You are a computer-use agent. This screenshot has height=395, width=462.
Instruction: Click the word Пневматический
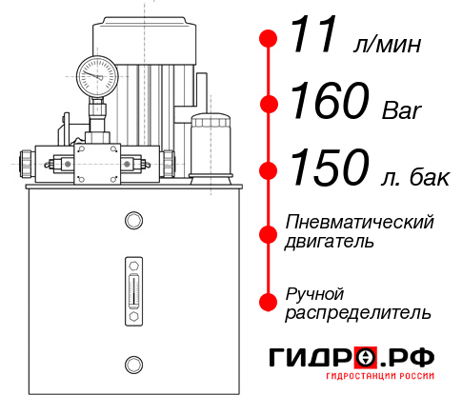click(360, 222)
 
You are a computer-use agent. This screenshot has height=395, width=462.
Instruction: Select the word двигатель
click(330, 242)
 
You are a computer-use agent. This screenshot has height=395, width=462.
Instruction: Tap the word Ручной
click(314, 292)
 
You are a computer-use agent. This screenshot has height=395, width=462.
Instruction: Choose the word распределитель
click(358, 312)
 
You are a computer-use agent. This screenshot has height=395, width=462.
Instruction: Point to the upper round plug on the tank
click(132, 221)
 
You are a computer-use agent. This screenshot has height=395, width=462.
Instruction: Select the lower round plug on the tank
click(132, 363)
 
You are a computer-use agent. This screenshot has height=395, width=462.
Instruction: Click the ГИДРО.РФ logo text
click(353, 359)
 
